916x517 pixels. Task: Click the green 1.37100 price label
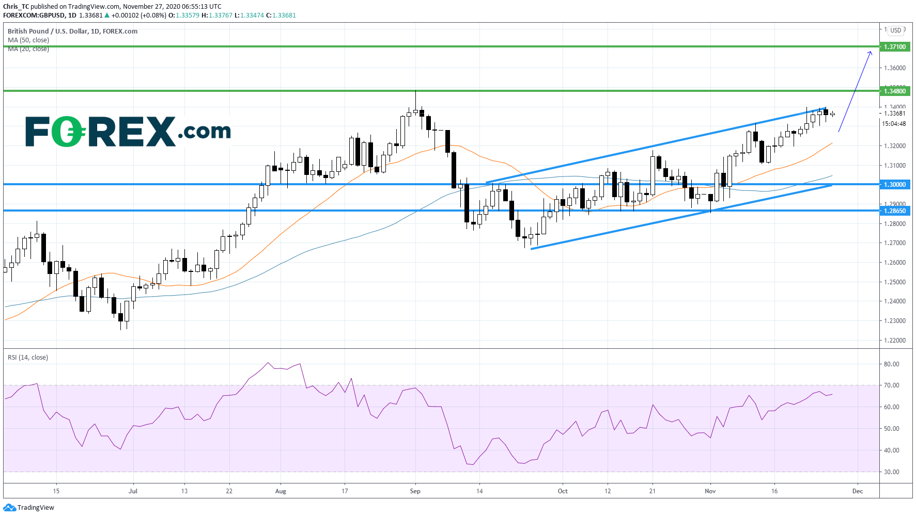pos(894,47)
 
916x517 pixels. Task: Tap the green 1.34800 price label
pos(894,91)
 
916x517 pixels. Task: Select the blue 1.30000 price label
pos(894,185)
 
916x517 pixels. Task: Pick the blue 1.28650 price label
pos(894,211)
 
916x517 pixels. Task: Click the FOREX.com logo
pos(128,131)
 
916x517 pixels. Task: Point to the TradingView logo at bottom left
pos(29,508)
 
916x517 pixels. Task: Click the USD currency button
pos(895,30)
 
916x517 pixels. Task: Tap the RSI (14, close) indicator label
pos(28,358)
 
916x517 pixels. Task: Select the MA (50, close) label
pos(28,40)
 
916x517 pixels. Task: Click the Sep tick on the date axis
pos(415,491)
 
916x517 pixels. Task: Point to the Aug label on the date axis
pos(281,491)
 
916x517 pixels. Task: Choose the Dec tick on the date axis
pos(858,491)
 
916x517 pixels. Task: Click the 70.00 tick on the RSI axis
pos(891,385)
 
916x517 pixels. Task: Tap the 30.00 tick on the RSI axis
pos(891,472)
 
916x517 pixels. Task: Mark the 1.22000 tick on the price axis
pos(894,341)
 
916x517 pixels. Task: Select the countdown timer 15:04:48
pos(894,124)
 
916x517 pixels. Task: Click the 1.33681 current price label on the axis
pos(894,114)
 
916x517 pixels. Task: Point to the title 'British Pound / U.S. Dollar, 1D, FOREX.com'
pos(72,31)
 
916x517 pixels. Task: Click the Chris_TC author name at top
pos(16,7)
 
